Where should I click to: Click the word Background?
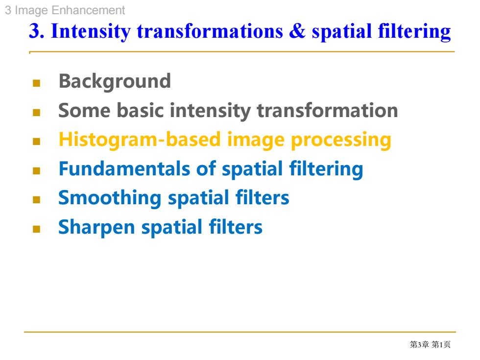(x=115, y=82)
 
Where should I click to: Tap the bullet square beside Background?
(x=36, y=83)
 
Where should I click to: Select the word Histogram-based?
(x=140, y=140)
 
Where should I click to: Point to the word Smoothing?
(x=110, y=198)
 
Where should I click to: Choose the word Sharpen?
(x=96, y=228)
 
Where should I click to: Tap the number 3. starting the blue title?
(x=37, y=31)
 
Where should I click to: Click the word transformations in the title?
(x=210, y=31)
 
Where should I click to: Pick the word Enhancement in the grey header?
(x=88, y=10)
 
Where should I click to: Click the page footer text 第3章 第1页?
(x=430, y=345)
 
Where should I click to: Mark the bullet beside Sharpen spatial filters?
(x=36, y=229)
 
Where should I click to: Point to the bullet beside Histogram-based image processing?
(x=36, y=142)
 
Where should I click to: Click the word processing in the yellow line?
(x=341, y=141)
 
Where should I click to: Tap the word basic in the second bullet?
(x=141, y=110)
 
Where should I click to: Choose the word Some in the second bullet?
(x=84, y=111)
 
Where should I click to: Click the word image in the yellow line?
(x=256, y=141)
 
